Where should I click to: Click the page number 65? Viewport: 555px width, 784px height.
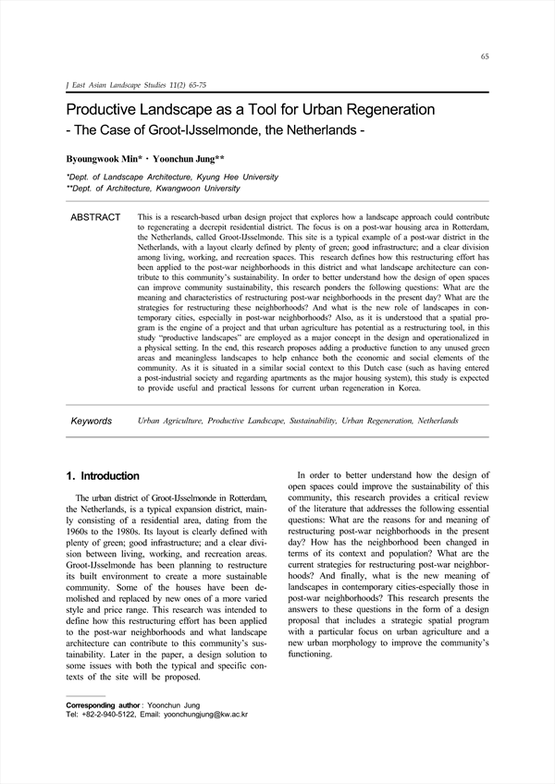pyautogui.click(x=485, y=56)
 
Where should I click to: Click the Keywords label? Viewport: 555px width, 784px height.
pyautogui.click(x=92, y=421)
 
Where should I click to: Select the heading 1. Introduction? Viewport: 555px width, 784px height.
pyautogui.click(x=104, y=476)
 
